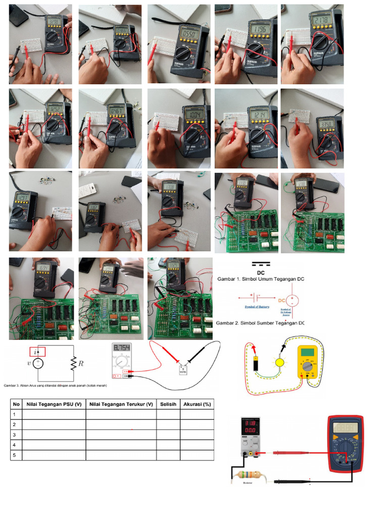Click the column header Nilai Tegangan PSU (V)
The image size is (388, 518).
pos(54,404)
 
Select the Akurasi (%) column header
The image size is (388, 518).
pos(197,404)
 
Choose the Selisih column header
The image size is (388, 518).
pos(168,404)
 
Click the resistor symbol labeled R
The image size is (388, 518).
pos(74,363)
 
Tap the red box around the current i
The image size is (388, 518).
pos(37,352)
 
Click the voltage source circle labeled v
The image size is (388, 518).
pos(37,363)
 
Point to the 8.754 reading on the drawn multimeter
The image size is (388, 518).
pos(121,348)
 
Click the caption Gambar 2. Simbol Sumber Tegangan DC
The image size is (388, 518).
pos(260,323)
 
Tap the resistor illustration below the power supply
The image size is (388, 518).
pos(247,476)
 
